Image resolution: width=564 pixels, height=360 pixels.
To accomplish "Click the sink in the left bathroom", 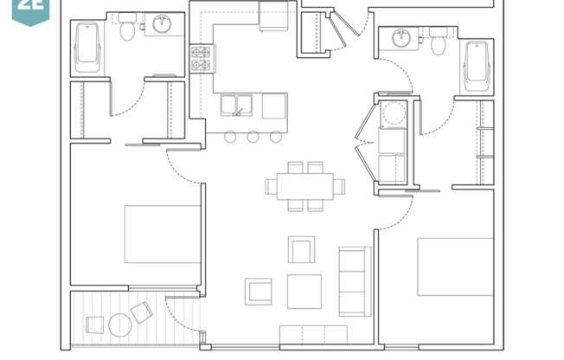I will (162, 24).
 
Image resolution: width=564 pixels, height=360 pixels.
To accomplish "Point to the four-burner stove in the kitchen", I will (201, 58).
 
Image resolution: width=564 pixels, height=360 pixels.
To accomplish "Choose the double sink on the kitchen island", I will (234, 106).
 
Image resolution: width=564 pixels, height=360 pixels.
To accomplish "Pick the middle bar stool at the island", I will (253, 136).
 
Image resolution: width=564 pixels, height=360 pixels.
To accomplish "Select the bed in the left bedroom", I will (162, 234).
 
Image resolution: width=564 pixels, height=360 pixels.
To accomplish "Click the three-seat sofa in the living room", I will (355, 280).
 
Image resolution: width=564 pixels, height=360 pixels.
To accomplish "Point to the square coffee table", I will (304, 291).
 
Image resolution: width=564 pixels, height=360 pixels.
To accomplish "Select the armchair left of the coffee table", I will (259, 291).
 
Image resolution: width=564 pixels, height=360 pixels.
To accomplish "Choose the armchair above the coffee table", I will (301, 249).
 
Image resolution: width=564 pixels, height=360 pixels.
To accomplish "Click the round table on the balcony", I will (120, 325).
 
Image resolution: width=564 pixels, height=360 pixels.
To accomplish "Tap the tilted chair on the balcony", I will (141, 312).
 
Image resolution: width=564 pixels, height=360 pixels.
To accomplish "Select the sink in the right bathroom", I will (401, 38).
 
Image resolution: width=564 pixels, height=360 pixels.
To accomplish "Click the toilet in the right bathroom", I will (438, 42).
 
